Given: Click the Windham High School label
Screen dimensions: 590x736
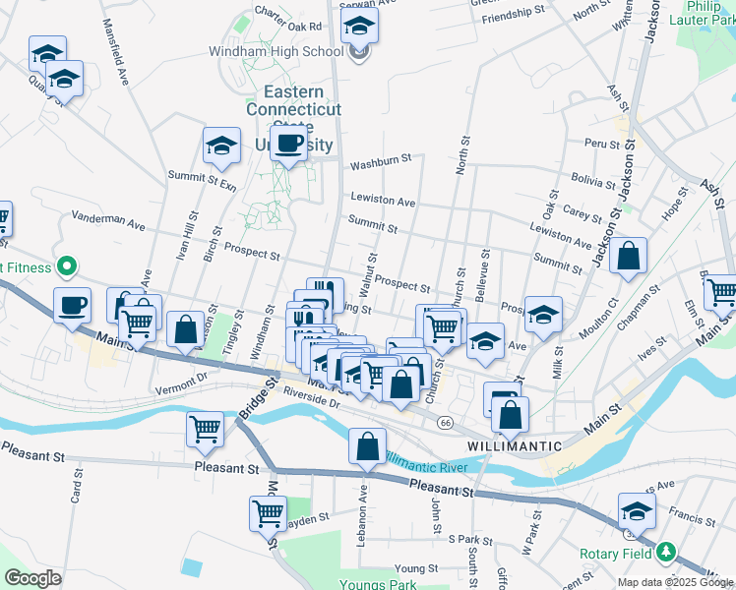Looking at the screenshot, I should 275,51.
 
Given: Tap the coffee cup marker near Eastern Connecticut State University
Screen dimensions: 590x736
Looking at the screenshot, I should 288,146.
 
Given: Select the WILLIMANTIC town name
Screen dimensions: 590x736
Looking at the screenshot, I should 515,445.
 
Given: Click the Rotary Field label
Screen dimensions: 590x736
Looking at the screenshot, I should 615,553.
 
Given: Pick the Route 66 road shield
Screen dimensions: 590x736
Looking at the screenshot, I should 446,422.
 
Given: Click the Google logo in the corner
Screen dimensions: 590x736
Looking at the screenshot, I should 32,577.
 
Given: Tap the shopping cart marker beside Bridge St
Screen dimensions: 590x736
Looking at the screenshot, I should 205,429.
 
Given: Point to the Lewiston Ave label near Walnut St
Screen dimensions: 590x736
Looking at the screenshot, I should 383,201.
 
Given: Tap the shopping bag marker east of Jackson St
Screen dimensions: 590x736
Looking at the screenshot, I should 629,257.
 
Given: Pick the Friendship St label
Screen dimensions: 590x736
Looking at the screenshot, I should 514,14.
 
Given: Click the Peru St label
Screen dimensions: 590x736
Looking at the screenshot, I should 597,144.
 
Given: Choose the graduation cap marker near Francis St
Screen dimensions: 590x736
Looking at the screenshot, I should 637,511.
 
